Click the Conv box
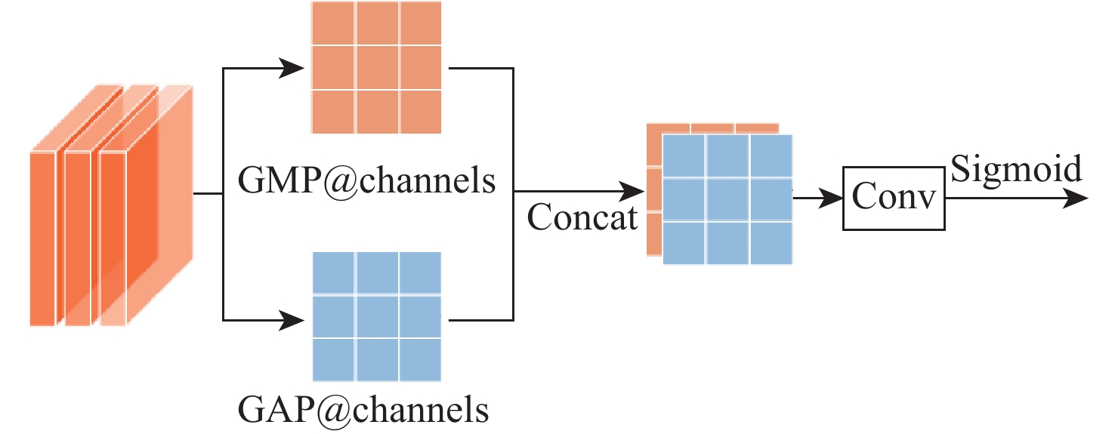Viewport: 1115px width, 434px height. tap(894, 199)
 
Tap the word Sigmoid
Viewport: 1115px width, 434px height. tap(1015, 169)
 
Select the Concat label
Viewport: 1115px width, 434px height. tap(582, 218)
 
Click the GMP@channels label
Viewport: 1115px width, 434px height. tap(367, 180)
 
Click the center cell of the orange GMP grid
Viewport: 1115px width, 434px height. tap(378, 68)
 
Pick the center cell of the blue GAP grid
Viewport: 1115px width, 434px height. tap(378, 317)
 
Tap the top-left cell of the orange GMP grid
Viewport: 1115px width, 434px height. tap(334, 24)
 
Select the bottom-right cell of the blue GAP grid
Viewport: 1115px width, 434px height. tap(421, 359)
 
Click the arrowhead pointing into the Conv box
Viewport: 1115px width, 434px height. tap(832, 199)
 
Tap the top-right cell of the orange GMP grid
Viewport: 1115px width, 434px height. tap(421, 24)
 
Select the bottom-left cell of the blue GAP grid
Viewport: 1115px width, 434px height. tap(334, 359)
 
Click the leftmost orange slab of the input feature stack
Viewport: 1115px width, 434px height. tap(43, 238)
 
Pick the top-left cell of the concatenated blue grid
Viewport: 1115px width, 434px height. tap(684, 155)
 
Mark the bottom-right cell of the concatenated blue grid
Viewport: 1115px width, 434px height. tap(771, 243)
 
